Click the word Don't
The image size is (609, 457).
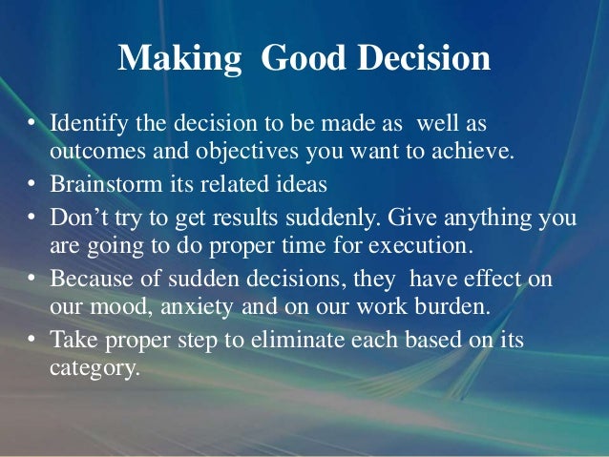(x=78, y=217)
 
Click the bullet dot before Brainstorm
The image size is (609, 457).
(x=32, y=183)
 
